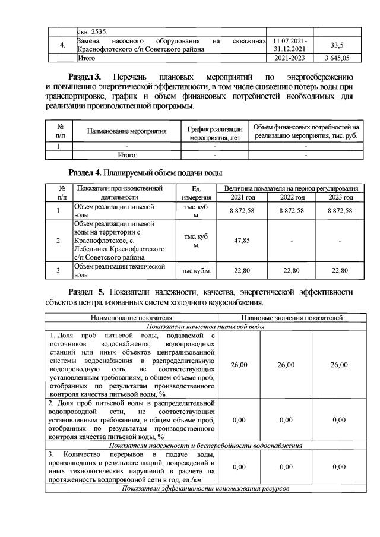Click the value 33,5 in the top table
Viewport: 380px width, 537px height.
click(337, 45)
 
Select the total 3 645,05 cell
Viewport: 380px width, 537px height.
click(337, 58)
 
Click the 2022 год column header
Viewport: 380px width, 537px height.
click(292, 197)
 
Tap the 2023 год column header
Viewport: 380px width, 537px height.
click(340, 197)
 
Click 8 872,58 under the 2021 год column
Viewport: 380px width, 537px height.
click(242, 211)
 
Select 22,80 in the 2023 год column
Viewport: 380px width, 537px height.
click(340, 271)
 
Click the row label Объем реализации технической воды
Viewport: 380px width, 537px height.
click(118, 271)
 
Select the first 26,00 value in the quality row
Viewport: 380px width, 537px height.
click(239, 364)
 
